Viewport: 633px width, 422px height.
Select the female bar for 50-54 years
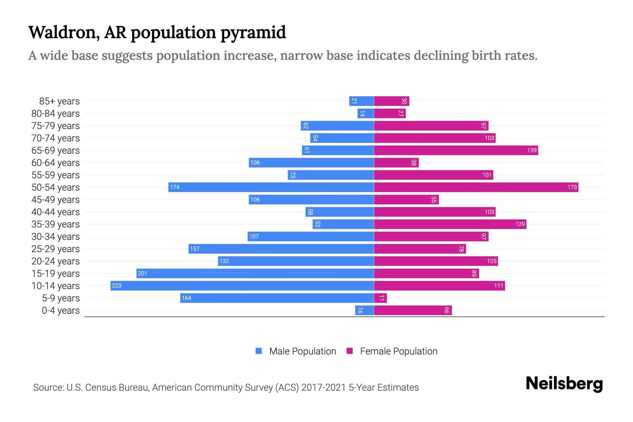coord(476,187)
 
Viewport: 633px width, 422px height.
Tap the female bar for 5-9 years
coord(380,298)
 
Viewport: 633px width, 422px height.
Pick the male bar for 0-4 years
coord(364,310)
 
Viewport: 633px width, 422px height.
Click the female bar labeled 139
coord(456,150)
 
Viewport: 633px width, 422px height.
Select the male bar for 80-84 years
coord(365,113)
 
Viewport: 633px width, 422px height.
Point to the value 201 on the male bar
coord(142,273)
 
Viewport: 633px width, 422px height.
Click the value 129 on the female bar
coord(520,224)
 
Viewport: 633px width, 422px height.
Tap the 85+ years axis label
coord(59,101)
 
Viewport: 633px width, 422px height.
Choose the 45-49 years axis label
coord(56,200)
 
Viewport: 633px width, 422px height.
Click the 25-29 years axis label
coord(56,249)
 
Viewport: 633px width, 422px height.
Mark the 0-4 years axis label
coord(60,311)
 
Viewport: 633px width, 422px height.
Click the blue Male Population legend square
coord(259,351)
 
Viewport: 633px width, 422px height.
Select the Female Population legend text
coord(398,351)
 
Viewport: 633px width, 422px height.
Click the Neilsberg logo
coord(564,384)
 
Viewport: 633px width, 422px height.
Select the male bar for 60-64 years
coord(311,162)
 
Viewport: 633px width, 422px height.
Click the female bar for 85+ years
coord(391,101)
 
